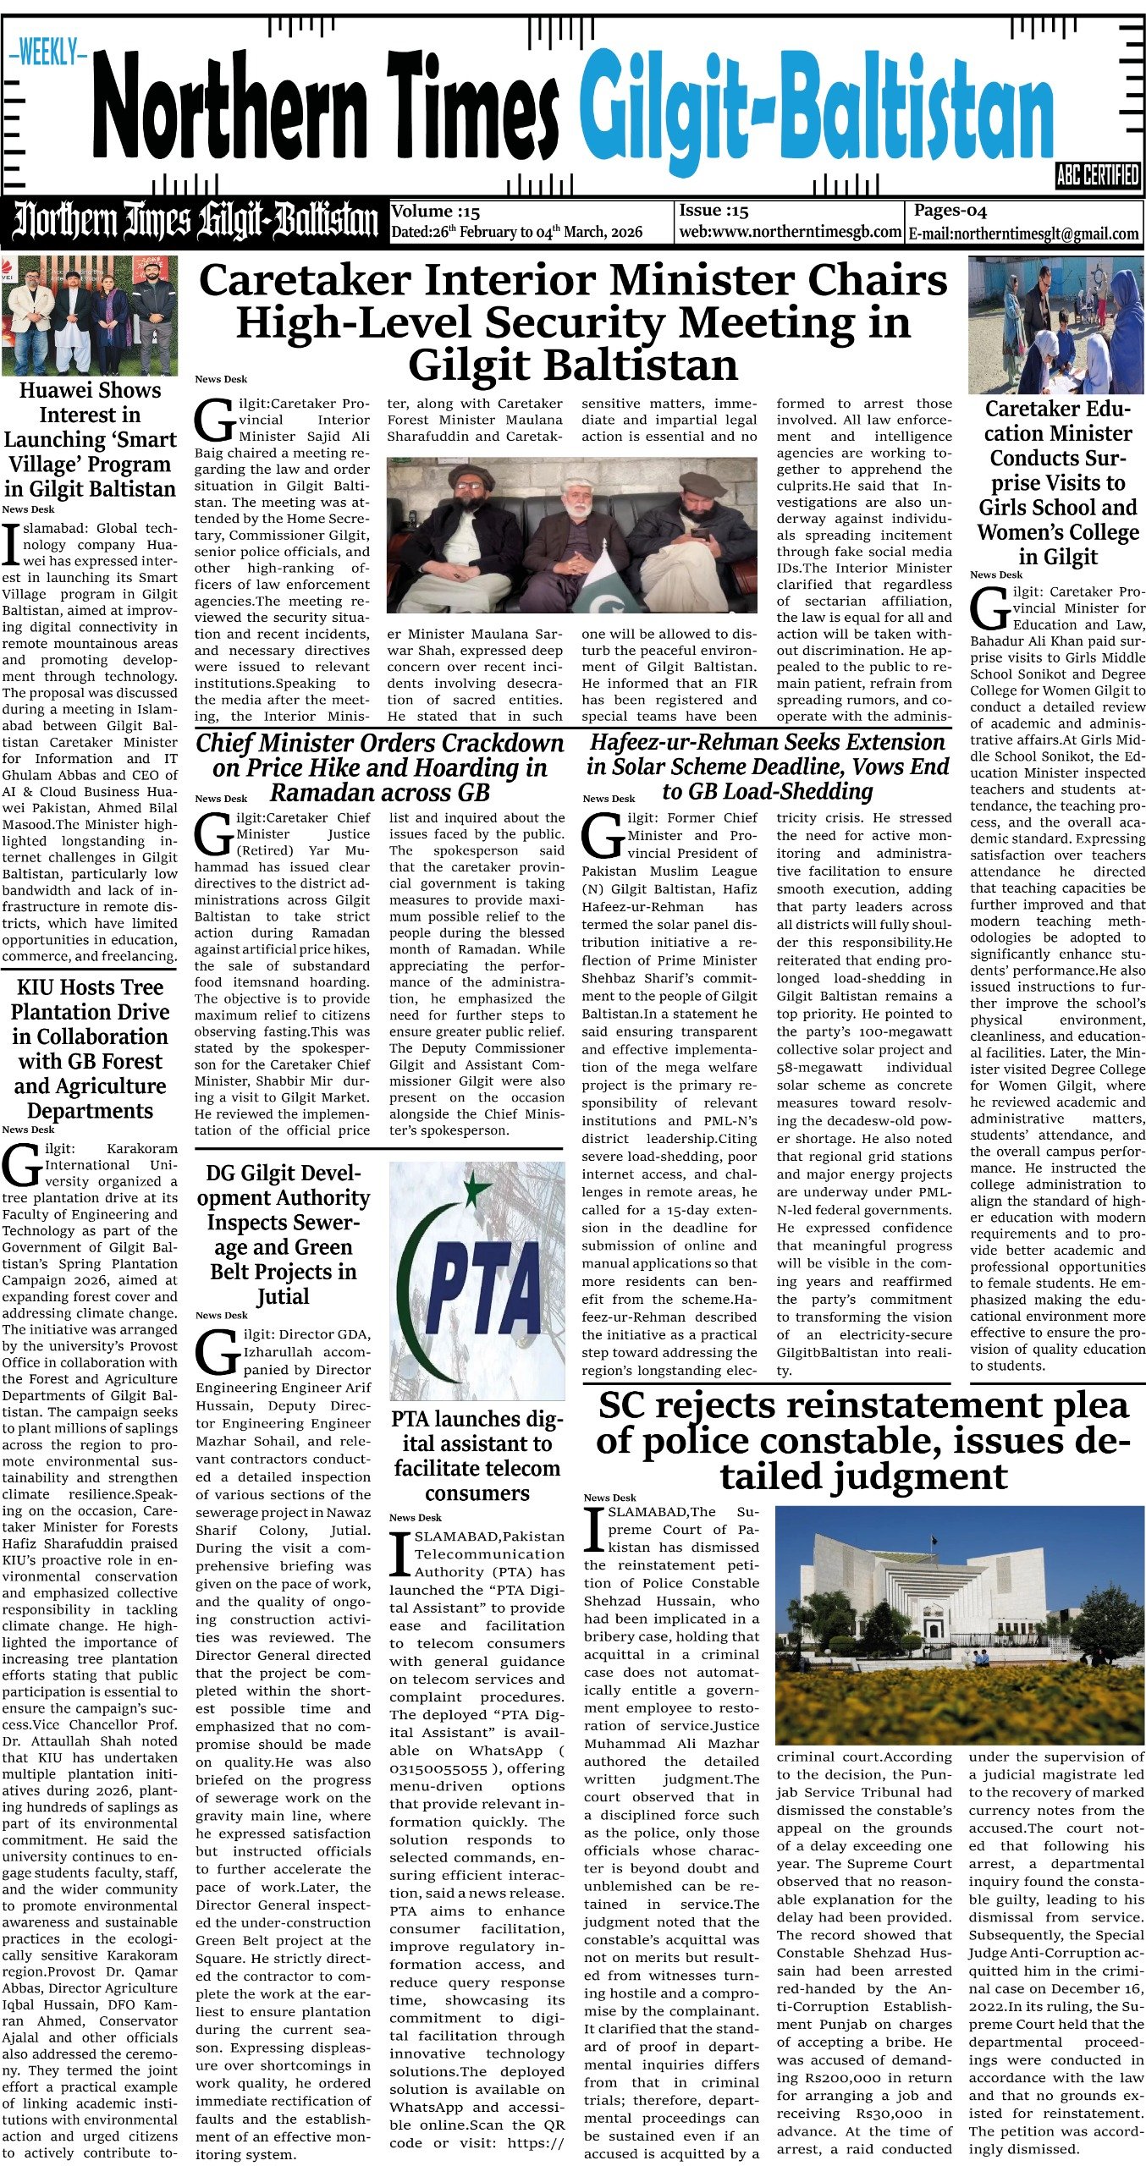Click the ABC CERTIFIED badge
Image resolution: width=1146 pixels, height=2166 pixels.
[x=1098, y=175]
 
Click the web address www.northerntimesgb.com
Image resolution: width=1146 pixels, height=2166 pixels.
[x=790, y=232]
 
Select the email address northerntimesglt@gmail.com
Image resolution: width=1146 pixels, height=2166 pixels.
[x=1024, y=234]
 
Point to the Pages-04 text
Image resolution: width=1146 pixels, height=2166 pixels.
[x=950, y=211]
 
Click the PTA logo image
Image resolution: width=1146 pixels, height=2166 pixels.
[x=477, y=1280]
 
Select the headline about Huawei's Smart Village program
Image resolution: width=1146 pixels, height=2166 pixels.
[x=90, y=439]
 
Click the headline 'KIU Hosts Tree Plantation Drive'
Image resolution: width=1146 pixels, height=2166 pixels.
[x=90, y=1048]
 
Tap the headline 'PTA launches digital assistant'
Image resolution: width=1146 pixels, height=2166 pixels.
[x=477, y=1455]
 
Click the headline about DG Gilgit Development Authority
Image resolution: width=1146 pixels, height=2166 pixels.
[x=283, y=1234]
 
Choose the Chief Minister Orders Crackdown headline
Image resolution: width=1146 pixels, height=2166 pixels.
[x=379, y=767]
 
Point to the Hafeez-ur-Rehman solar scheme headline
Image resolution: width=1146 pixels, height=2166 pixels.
[x=767, y=767]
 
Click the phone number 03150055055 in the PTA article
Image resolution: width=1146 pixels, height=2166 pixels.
[x=438, y=1768]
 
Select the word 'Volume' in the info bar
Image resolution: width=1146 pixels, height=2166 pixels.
[x=423, y=212]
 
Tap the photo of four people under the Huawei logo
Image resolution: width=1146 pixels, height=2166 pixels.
[x=90, y=315]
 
